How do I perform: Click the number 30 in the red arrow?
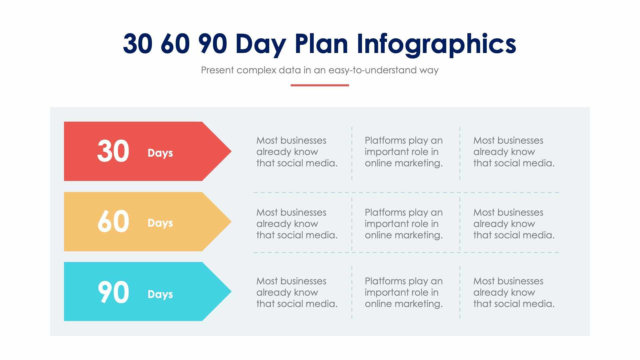[113, 152]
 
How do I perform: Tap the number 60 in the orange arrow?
[113, 222]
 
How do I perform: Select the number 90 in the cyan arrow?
[113, 292]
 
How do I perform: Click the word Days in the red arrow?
[160, 153]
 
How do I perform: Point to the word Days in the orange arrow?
[160, 223]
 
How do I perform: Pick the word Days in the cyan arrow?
[160, 294]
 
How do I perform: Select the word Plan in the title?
[322, 43]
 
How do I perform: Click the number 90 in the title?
[213, 43]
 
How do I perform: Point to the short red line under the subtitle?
[320, 85]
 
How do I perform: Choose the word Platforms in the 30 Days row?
[385, 141]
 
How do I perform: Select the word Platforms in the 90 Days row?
[385, 281]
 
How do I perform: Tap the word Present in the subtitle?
[217, 70]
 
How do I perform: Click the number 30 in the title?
[138, 43]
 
